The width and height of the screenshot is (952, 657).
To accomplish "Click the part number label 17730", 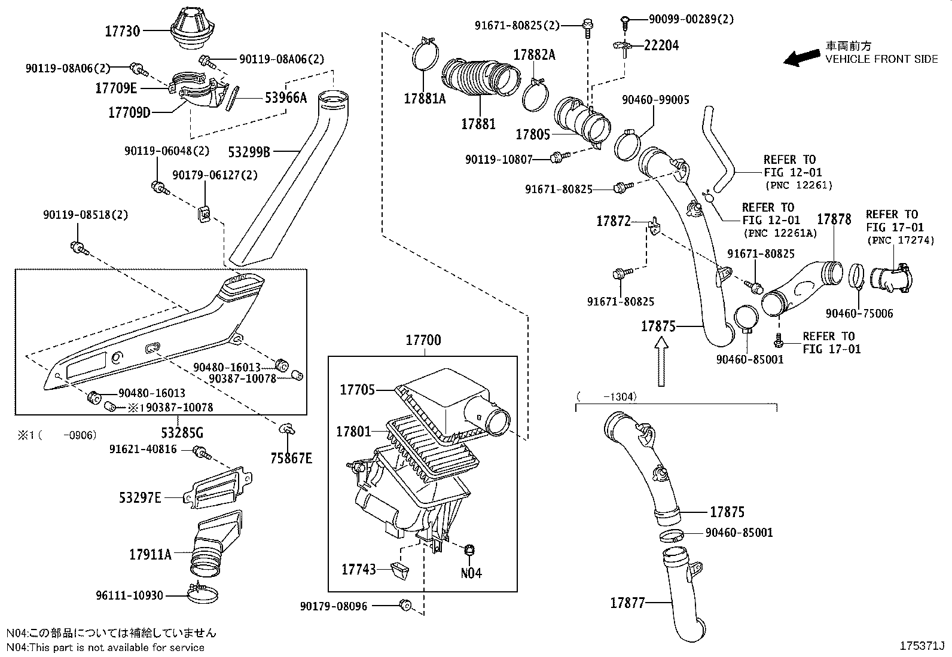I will (123, 32).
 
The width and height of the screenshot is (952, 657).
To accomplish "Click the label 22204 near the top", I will (661, 45).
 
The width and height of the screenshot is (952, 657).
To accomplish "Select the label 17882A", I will (534, 56).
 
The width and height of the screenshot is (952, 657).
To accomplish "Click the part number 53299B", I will (250, 152).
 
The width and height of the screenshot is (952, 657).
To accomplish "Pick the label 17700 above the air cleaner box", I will (423, 340).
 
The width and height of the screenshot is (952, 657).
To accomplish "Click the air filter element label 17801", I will (353, 431).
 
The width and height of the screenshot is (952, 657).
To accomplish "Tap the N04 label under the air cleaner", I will (471, 573).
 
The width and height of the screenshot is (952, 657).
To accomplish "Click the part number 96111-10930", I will (129, 595).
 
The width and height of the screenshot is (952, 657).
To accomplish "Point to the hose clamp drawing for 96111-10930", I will (202, 594).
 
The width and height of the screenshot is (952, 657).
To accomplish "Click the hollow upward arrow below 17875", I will (661, 362).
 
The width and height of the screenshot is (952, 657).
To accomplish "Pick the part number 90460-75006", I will (859, 313).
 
